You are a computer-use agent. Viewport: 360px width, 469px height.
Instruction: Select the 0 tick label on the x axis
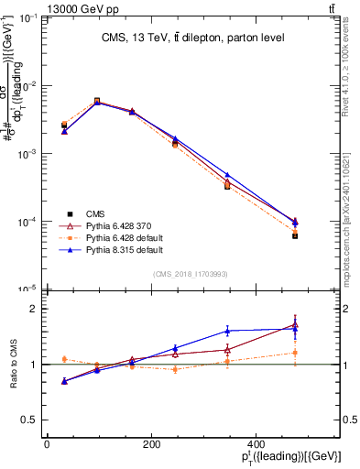pyautogui.click(x=47, y=445)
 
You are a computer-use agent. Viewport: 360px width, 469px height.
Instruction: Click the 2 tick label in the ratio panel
pyautogui.click(x=33, y=310)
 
